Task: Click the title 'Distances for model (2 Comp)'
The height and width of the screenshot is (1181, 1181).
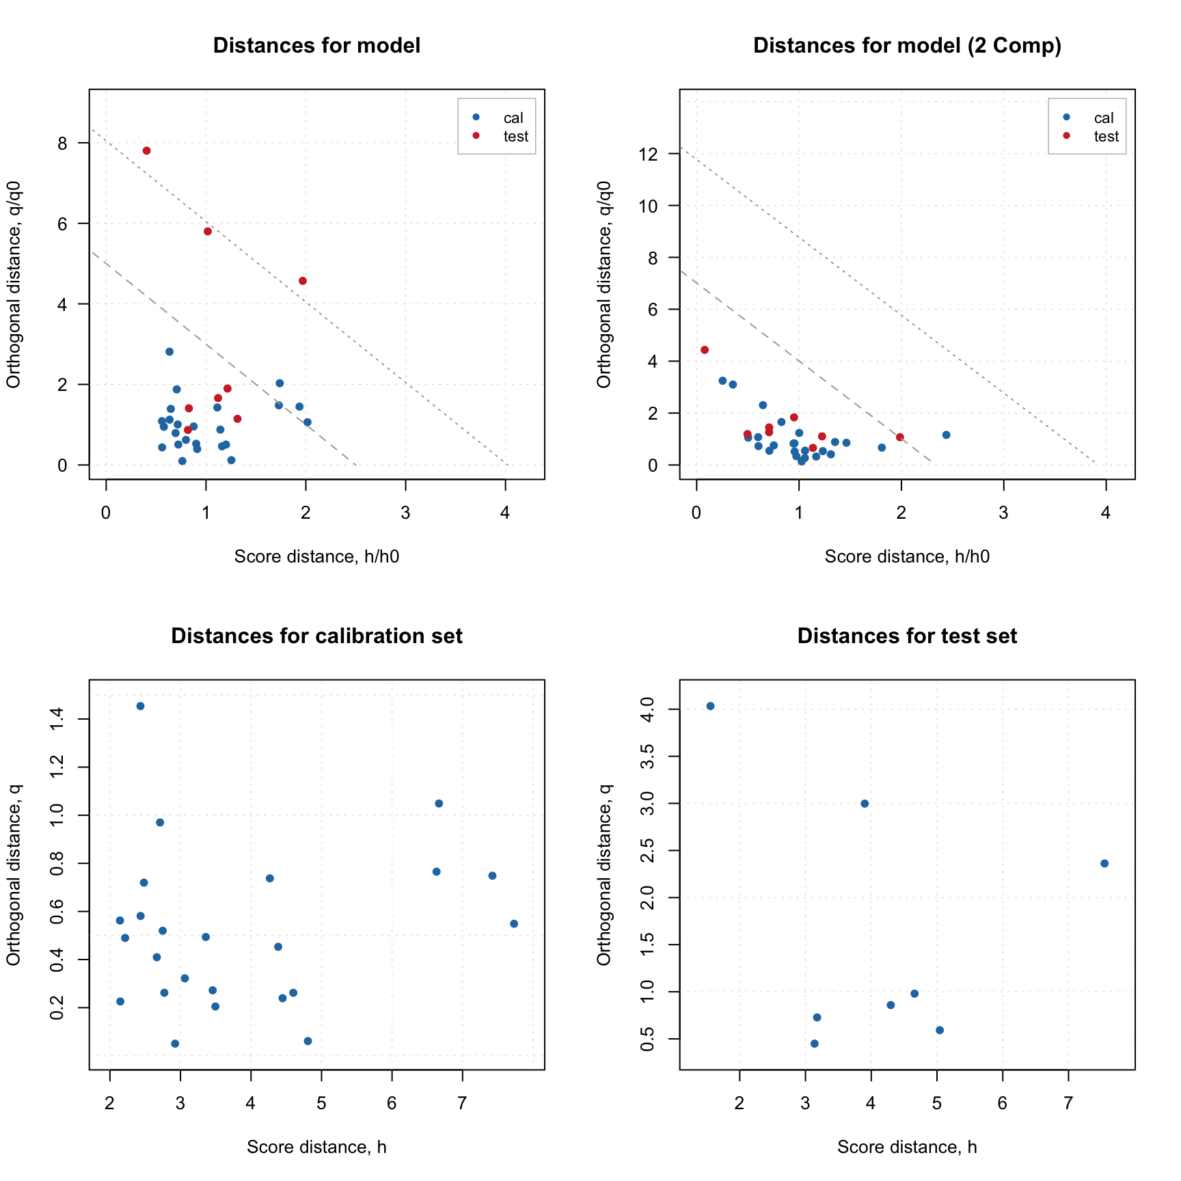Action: click(907, 46)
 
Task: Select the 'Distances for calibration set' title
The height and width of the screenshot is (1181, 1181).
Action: click(316, 636)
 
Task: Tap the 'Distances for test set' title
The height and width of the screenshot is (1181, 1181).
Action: click(907, 636)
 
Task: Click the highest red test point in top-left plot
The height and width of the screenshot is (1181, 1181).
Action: click(146, 151)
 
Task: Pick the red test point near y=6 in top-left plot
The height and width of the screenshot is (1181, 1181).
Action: click(208, 232)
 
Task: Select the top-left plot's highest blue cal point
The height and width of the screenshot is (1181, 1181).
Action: click(169, 352)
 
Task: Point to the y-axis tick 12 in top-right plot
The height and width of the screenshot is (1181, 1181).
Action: click(649, 154)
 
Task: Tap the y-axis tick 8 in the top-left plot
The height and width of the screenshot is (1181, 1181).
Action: click(63, 143)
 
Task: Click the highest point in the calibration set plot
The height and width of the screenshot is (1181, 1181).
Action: click(140, 706)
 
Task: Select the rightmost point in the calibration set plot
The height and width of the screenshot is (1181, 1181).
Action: click(514, 924)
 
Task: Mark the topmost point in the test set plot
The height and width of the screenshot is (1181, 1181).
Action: click(710, 706)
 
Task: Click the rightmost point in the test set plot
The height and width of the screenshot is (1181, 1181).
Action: click(1104, 864)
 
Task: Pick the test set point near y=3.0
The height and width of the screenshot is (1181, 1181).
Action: click(865, 804)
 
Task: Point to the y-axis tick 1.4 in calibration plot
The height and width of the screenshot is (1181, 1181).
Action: click(57, 719)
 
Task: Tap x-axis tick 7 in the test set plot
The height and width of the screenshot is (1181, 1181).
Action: click(1068, 1104)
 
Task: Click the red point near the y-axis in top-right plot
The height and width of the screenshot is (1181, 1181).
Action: click(705, 350)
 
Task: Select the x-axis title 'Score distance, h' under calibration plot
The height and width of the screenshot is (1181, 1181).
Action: click(316, 1148)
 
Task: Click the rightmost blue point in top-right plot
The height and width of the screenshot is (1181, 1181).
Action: click(946, 435)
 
